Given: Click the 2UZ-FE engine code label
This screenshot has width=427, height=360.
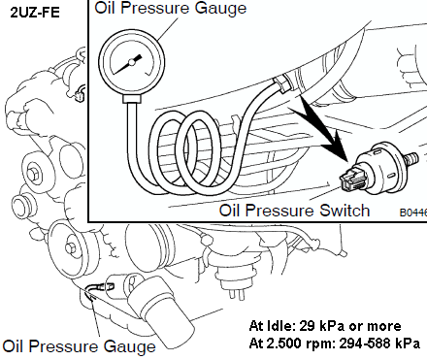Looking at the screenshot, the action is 35,13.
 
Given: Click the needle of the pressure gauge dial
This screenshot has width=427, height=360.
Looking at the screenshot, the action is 129,64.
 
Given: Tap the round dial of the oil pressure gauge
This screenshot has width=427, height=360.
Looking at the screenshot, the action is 132,62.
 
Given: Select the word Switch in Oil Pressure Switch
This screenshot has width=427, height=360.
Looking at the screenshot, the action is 345,211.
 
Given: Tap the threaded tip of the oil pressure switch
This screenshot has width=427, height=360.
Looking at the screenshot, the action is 411,159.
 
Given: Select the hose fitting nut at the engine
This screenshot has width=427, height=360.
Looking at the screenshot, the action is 282,83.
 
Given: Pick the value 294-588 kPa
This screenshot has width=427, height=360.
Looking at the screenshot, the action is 379,344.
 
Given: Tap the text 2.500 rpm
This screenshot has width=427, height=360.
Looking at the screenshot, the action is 303,344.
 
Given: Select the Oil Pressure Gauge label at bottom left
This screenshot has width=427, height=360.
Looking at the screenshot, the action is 79,347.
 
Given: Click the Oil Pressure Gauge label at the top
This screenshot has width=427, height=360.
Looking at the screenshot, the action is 171,8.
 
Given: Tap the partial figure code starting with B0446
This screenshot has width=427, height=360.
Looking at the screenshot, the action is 413,213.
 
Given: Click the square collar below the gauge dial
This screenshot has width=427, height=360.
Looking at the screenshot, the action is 132,99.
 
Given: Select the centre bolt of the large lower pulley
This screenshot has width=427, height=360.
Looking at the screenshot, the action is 71,248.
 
